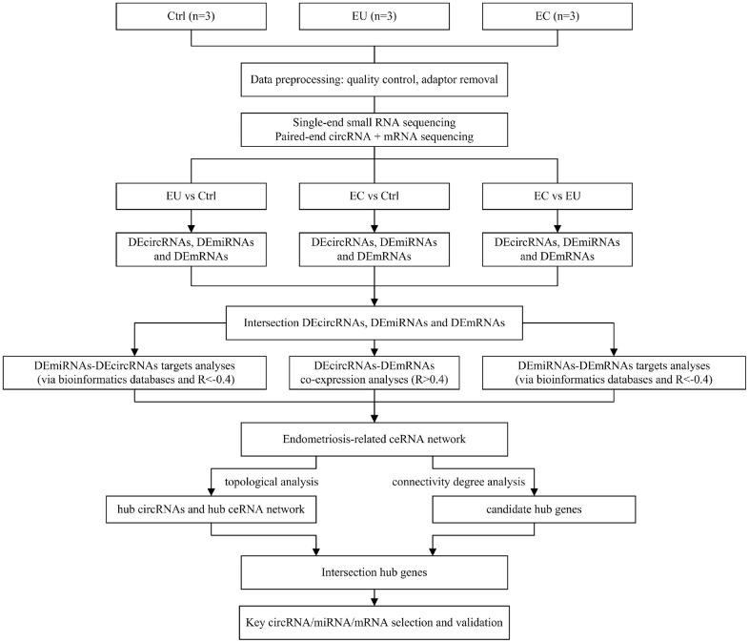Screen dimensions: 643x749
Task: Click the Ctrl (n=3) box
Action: click(x=192, y=16)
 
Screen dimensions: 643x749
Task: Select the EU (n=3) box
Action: click(x=374, y=16)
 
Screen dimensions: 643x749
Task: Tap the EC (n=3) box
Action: click(x=557, y=16)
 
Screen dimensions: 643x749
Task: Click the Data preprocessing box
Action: click(x=374, y=81)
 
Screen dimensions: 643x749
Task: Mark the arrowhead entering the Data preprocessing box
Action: click(x=374, y=60)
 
